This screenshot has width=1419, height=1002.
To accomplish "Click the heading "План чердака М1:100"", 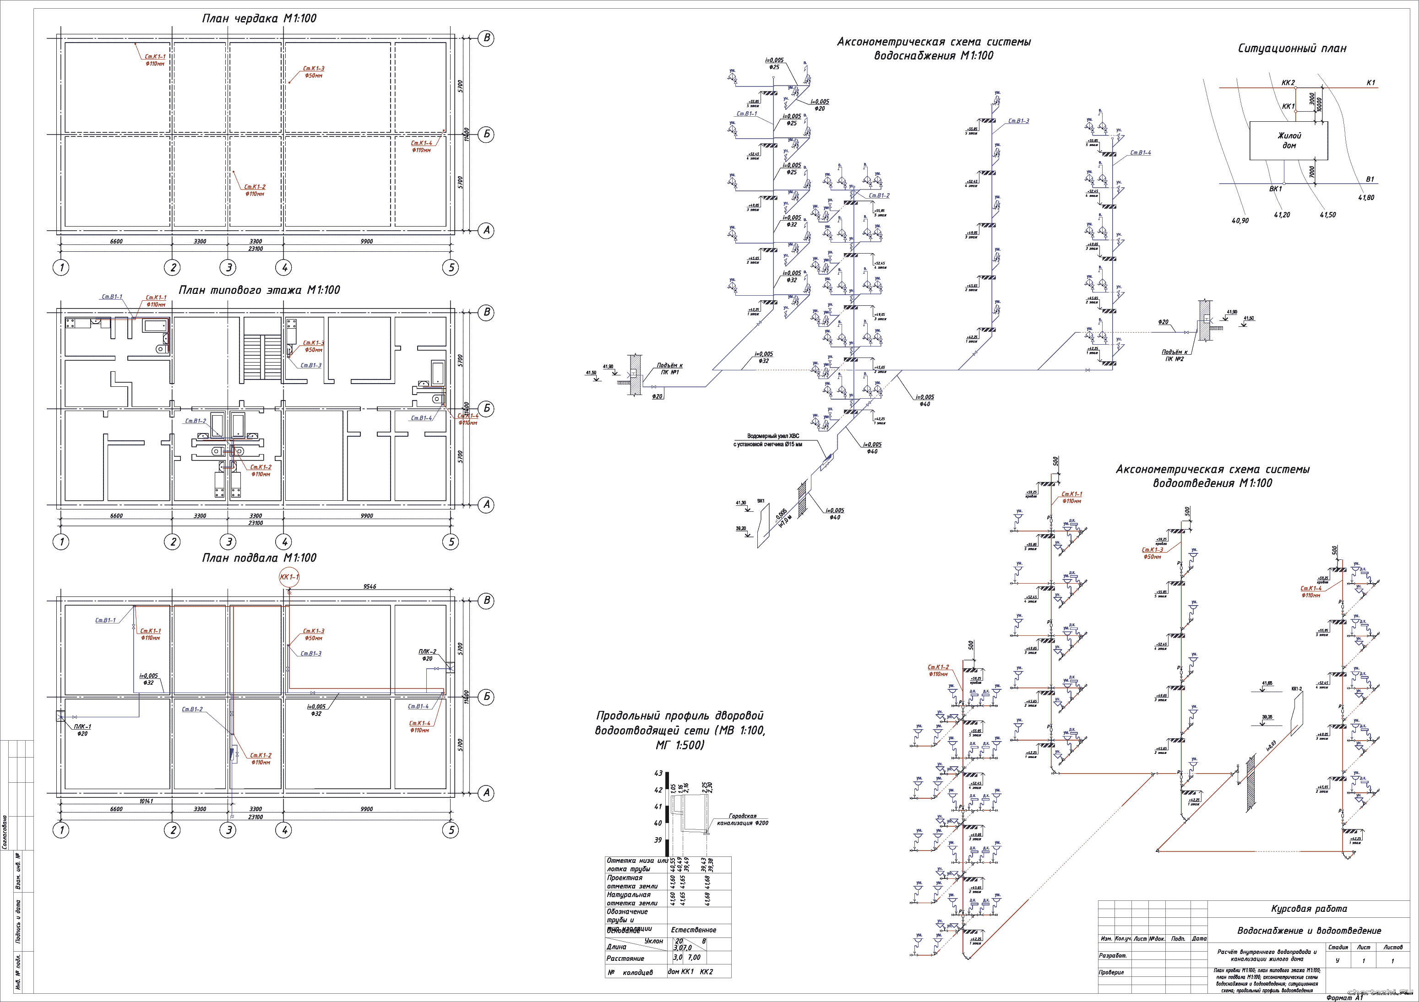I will pyautogui.click(x=259, y=18).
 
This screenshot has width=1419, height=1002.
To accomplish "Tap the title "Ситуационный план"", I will pyautogui.click(x=1292, y=48).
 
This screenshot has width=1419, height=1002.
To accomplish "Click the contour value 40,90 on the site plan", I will pyautogui.click(x=1240, y=221).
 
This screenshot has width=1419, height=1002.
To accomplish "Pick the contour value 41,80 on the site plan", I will pyautogui.click(x=1366, y=198).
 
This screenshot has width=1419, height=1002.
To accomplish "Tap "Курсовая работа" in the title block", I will pyautogui.click(x=1309, y=909).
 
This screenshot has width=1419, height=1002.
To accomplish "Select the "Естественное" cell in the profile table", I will pyautogui.click(x=693, y=930).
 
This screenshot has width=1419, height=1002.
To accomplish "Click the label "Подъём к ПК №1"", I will pyautogui.click(x=669, y=369).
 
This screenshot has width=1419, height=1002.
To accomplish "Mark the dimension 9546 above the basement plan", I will pyautogui.click(x=370, y=586).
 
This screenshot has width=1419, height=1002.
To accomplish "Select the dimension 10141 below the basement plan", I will pyautogui.click(x=146, y=801).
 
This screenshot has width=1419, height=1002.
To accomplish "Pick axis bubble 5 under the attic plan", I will pyautogui.click(x=451, y=267).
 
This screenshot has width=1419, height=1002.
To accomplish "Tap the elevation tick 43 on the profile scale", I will pyautogui.click(x=658, y=774).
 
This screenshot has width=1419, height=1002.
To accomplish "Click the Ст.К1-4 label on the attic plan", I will pyautogui.click(x=422, y=143).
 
